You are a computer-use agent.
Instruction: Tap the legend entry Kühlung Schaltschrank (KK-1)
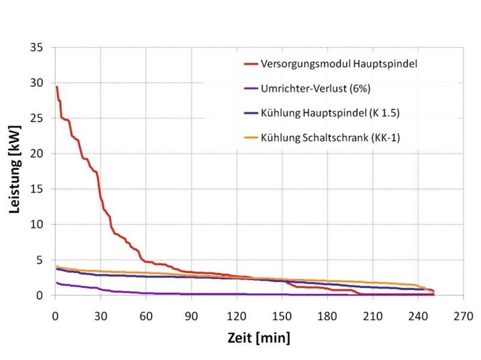tap(330, 138)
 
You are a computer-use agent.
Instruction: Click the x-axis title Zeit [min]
tap(259, 338)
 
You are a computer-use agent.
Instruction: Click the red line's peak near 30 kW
tap(57, 87)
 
